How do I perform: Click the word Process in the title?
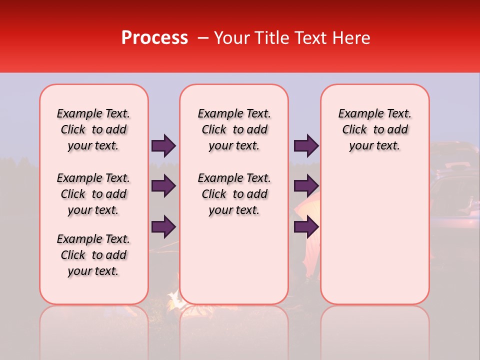154,38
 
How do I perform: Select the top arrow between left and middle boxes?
163,145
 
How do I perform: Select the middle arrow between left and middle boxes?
163,186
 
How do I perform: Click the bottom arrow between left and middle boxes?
163,226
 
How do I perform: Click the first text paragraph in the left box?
93,129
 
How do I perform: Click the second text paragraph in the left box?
93,194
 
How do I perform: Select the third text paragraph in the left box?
93,255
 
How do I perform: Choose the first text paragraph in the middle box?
234,129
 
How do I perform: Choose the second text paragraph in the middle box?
234,194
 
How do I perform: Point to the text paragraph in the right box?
375,129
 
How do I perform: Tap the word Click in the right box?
354,129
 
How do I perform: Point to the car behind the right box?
455,190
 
